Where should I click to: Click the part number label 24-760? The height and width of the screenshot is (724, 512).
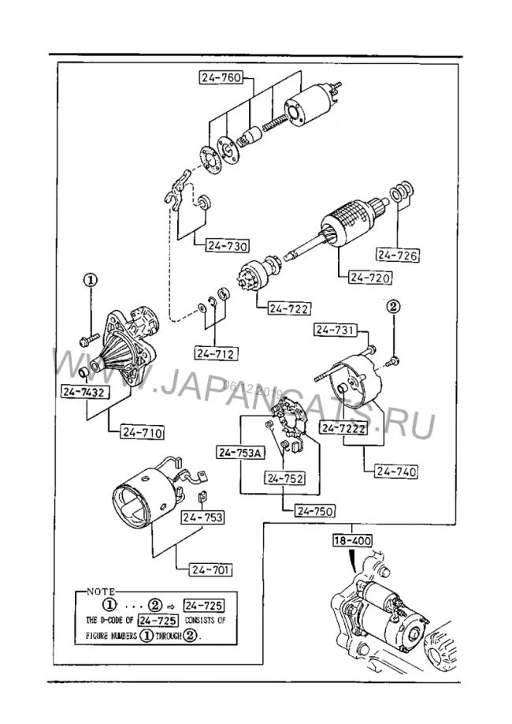click(221, 77)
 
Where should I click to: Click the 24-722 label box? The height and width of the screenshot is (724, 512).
click(288, 308)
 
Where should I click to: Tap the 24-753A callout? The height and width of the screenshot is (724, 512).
click(240, 452)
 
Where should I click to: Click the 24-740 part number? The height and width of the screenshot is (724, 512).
click(395, 472)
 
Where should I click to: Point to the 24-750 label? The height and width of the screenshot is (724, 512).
click(317, 510)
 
